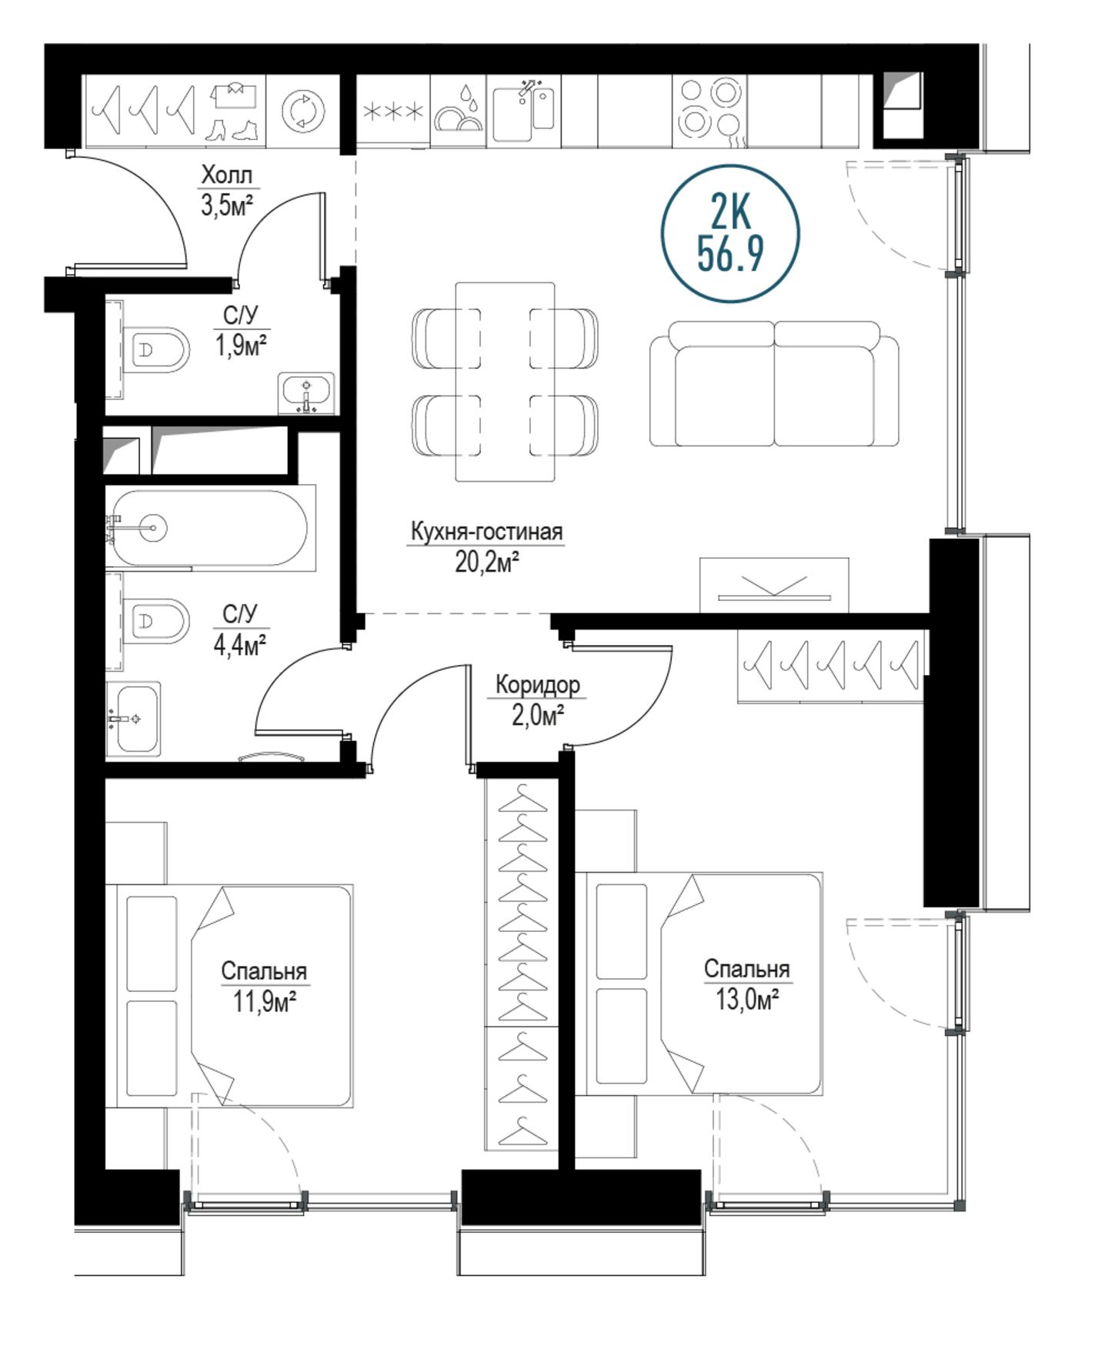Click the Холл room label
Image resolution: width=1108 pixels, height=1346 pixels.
coord(226,175)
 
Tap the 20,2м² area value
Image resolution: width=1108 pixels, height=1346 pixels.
coord(486,563)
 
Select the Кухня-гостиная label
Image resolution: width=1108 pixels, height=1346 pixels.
coord(486,531)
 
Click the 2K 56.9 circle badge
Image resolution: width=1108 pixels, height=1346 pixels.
coord(730,233)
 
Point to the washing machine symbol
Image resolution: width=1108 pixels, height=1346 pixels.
coord(303,111)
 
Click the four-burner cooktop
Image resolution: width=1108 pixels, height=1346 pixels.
coord(709,109)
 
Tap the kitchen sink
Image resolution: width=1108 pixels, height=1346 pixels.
coord(523,112)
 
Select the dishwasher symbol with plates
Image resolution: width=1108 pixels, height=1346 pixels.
coord(459,111)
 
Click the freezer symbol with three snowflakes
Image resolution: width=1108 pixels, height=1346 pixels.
coord(392,112)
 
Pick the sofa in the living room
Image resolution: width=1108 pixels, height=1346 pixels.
coord(774,384)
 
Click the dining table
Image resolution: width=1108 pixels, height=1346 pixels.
coord(505,382)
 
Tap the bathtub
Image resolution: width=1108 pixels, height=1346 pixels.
coord(210,528)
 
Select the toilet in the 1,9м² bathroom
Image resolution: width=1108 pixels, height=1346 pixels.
coord(155,350)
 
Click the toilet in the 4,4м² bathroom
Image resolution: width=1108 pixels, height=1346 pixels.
coord(155,620)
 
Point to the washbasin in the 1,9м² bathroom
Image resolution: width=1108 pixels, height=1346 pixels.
coord(306,393)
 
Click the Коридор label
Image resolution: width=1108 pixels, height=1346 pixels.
coord(537,684)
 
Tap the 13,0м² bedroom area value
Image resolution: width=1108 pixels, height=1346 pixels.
coord(747,1000)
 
